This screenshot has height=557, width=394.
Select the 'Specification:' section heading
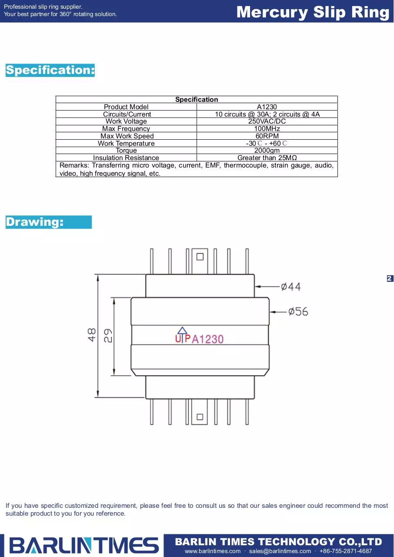50,70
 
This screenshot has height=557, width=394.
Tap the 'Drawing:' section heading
34,222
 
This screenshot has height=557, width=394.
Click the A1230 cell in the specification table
267,107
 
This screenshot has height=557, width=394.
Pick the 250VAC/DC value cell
267,121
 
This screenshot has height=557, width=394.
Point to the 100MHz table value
267,128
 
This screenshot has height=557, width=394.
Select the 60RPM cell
267,136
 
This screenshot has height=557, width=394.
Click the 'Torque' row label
126,151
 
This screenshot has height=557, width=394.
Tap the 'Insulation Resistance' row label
126,158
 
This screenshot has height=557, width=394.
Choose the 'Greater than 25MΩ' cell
267,158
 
